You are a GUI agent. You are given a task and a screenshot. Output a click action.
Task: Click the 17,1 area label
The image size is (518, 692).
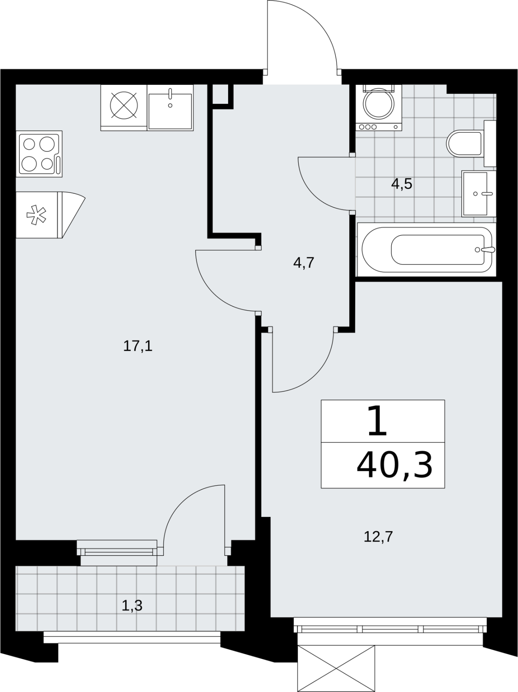pyautogui.click(x=138, y=346)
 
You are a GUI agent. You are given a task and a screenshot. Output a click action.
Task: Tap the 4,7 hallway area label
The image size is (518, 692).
pyautogui.click(x=304, y=263)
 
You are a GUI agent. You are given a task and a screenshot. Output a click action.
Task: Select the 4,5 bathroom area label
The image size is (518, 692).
pyautogui.click(x=402, y=183)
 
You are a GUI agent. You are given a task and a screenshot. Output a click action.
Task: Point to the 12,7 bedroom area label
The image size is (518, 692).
pyautogui.click(x=378, y=536)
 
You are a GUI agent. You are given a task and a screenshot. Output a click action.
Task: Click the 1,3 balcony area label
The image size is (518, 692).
pyautogui.click(x=132, y=605)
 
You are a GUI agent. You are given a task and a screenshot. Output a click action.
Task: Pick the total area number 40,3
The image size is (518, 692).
pyautogui.click(x=394, y=465)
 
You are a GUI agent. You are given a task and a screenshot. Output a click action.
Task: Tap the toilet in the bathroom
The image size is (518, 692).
pyautogui.click(x=471, y=144)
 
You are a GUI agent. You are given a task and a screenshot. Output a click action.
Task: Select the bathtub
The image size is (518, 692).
pyautogui.click(x=427, y=250)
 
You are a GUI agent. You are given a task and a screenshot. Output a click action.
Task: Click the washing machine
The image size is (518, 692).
pyautogui.click(x=379, y=108)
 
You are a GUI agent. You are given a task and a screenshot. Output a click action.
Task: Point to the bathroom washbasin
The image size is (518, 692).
pyautogui.click(x=479, y=194)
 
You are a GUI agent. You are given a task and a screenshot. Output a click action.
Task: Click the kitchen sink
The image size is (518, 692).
pyautogui.click(x=170, y=108)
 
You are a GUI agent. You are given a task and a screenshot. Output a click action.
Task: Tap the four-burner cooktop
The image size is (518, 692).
pyautogui.click(x=39, y=154)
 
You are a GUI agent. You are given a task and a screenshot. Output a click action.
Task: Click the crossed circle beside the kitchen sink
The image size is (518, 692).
pyautogui.click(x=124, y=106)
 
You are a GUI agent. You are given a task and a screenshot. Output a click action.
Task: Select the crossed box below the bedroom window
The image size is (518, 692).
pyautogui.click(x=336, y=669)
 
